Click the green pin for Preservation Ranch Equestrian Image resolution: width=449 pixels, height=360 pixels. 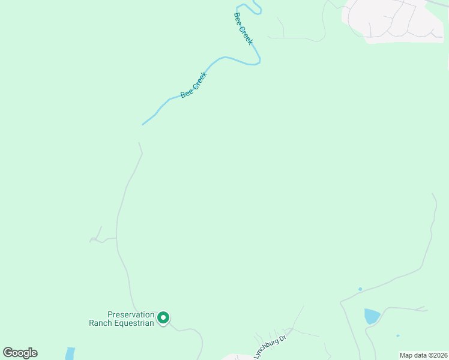point(163,318)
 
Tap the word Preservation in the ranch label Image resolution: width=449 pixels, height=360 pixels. point(131,314)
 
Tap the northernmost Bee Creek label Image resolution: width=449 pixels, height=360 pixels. point(243,28)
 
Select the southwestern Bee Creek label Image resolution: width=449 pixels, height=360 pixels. point(193,85)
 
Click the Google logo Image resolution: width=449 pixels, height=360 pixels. point(20,353)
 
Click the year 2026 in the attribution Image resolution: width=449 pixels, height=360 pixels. point(439,355)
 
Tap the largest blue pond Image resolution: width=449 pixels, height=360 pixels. point(372,316)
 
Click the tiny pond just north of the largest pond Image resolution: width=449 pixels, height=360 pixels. point(360,289)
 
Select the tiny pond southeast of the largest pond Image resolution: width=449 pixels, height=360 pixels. point(397,335)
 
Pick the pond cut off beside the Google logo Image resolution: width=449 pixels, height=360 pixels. point(70,353)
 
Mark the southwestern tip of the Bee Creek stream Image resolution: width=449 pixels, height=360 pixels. point(143,124)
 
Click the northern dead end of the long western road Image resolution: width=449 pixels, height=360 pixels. point(139,143)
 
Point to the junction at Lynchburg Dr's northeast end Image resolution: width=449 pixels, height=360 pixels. point(293,328)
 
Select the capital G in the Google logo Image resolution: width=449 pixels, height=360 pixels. point(8,353)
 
